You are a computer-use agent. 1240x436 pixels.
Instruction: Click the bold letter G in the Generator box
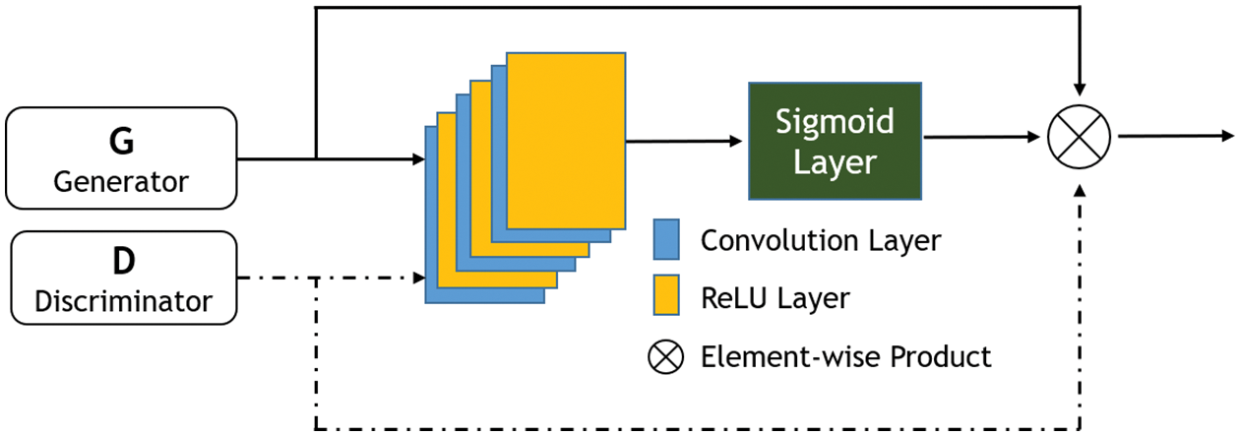[122, 144]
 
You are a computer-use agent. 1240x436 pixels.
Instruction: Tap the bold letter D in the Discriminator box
[122, 261]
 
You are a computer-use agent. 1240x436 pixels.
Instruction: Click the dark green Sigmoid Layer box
[836, 140]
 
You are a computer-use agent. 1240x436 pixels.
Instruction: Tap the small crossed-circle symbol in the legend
[665, 356]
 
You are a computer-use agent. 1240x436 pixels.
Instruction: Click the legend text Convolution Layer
[821, 240]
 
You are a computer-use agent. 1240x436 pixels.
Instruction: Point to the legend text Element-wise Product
[845, 356]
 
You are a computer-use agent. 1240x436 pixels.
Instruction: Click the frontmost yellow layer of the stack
[566, 138]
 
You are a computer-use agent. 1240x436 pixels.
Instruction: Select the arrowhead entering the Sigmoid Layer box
[740, 141]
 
